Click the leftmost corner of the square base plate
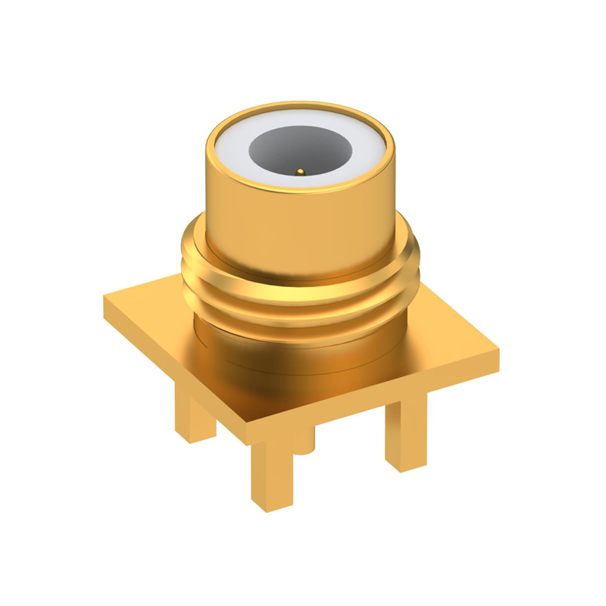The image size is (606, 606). coord(106,299)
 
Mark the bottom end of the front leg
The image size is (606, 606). coord(270,503)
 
